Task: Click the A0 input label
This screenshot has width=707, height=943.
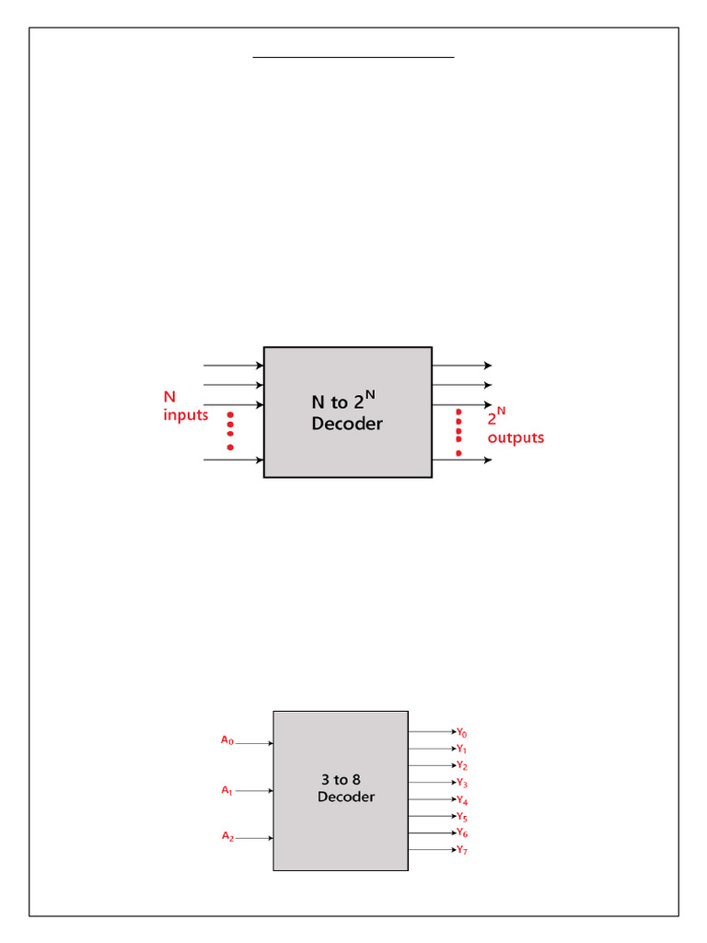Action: click(227, 739)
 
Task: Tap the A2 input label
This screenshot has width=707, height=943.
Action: click(227, 836)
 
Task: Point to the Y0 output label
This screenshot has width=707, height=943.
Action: click(462, 733)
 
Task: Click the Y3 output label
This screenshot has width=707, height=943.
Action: click(462, 783)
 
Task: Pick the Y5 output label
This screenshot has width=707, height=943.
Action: click(462, 817)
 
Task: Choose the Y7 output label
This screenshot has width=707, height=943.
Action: click(462, 850)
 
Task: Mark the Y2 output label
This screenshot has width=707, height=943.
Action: click(462, 766)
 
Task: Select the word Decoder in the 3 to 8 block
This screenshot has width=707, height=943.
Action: click(346, 797)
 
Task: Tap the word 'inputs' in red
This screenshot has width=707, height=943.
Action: click(186, 414)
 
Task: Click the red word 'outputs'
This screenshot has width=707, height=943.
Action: click(516, 437)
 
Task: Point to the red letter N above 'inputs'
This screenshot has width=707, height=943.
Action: click(169, 397)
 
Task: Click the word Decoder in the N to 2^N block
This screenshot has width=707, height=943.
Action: click(347, 425)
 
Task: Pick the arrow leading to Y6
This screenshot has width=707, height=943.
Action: click(432, 833)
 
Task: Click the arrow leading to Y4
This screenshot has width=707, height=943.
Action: click(432, 799)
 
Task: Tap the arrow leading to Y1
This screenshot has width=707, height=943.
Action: click(432, 749)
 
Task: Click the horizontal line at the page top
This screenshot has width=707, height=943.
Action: click(353, 57)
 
